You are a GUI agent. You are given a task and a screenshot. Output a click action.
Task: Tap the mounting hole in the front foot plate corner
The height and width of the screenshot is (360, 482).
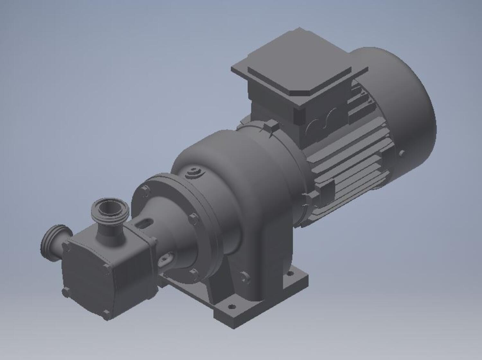231,306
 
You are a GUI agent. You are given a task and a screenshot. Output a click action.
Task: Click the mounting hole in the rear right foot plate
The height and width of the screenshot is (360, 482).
291,274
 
